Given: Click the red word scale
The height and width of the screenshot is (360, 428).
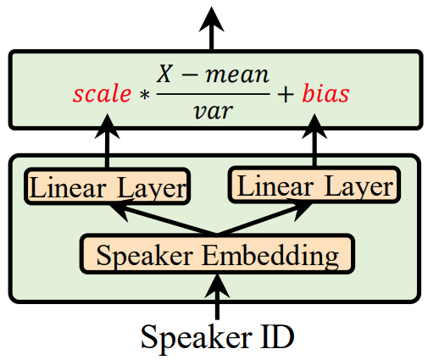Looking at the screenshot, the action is click(x=102, y=93).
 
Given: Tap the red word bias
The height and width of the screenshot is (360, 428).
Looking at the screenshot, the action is click(x=325, y=93).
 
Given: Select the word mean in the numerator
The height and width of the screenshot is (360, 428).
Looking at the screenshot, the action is click(x=237, y=75).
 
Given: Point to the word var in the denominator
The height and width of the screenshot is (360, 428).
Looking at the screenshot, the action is click(x=214, y=111).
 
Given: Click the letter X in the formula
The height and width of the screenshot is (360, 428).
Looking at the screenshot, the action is click(x=164, y=74).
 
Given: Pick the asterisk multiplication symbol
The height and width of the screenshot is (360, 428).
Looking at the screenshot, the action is click(x=144, y=95).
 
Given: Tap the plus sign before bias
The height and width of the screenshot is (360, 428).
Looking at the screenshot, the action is click(x=286, y=95).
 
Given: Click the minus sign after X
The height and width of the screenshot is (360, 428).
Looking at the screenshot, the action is click(x=190, y=76).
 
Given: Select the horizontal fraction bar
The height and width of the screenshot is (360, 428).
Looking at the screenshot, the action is click(x=214, y=94).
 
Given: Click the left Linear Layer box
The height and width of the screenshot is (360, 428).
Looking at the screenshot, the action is click(x=108, y=186).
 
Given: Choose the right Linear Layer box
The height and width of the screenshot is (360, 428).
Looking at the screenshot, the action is click(x=314, y=185).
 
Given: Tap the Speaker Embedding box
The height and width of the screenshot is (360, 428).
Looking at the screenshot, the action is click(x=218, y=254).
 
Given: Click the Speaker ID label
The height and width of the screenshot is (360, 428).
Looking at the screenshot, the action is click(x=218, y=337).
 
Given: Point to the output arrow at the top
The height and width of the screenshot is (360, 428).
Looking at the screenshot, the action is click(x=212, y=28).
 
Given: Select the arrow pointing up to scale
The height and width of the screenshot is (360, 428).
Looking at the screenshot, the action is click(x=107, y=141).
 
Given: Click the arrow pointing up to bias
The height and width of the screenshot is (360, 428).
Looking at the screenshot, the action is click(x=314, y=141).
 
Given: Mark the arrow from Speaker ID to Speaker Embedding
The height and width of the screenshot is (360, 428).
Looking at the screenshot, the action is click(x=217, y=296).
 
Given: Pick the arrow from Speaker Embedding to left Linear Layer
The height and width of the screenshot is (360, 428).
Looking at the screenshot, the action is click(x=163, y=217).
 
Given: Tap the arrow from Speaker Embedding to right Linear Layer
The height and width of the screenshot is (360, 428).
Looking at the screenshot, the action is click(x=265, y=217).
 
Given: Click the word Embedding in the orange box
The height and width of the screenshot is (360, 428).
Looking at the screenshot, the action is click(x=270, y=256).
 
